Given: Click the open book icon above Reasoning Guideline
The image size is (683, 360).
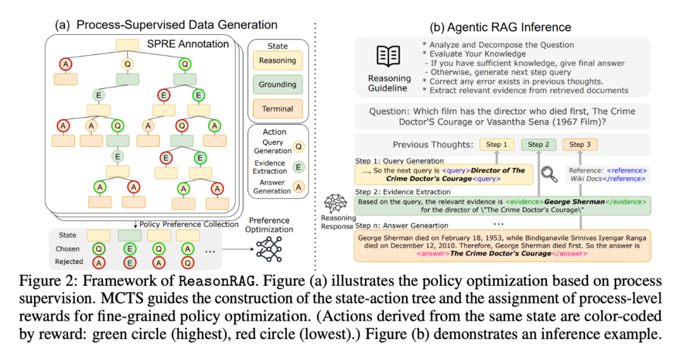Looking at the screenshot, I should (x=388, y=57).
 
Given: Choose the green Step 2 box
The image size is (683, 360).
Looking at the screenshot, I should (x=538, y=144).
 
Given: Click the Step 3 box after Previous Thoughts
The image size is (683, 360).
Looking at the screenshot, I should (x=580, y=144).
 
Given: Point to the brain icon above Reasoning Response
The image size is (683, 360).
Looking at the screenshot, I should (x=333, y=205).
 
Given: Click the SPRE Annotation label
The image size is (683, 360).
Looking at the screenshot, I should (x=188, y=44).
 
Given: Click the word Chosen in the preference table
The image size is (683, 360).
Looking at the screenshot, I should (x=68, y=249).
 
